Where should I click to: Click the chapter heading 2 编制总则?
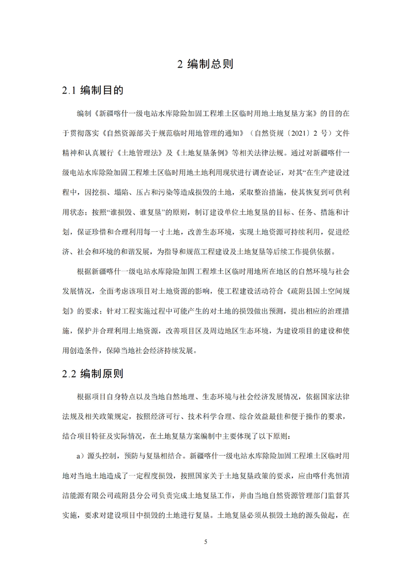pos(206,64)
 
